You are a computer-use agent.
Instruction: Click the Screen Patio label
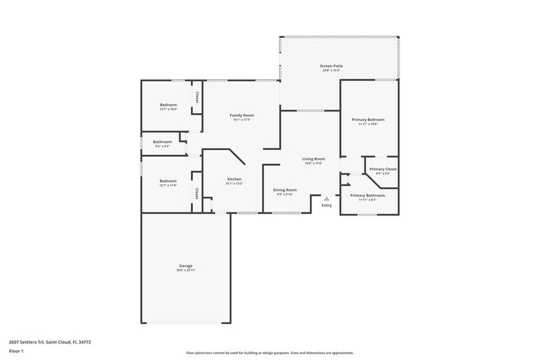(x=331, y=66)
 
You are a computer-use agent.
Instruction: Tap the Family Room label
(x=242, y=115)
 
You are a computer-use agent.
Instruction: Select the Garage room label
(x=186, y=266)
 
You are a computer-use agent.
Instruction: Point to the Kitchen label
(x=226, y=179)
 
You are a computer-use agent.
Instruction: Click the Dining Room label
(x=285, y=190)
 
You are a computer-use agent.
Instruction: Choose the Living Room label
(x=313, y=159)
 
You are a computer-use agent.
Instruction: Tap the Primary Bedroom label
(x=368, y=119)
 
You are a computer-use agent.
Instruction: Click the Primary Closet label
(x=383, y=169)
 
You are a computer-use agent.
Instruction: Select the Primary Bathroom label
(x=367, y=195)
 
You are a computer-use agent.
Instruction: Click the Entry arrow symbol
(x=327, y=198)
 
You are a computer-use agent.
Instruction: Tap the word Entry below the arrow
(x=327, y=205)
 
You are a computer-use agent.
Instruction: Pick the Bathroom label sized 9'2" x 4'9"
(x=162, y=142)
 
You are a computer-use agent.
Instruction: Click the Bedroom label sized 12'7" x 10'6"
(x=168, y=105)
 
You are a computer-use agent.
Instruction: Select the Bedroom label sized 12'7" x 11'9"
(x=168, y=181)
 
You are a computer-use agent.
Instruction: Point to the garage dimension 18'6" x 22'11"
(x=186, y=270)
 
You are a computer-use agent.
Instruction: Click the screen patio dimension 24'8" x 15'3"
(x=331, y=70)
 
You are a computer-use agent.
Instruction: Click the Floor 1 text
(x=17, y=351)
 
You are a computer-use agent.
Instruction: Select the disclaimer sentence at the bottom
(x=270, y=353)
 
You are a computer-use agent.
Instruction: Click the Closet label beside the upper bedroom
(x=197, y=97)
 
